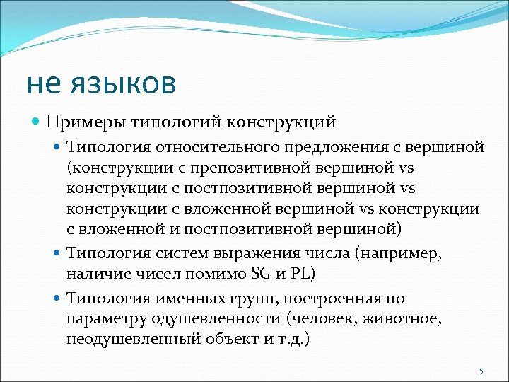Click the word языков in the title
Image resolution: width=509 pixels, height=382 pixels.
[x=123, y=83]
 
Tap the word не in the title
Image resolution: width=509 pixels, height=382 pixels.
[x=46, y=83]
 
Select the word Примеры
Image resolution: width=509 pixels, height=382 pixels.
[x=84, y=121]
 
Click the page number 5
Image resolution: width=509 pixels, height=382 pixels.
[x=481, y=371]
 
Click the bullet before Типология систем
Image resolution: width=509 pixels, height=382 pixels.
[x=59, y=253]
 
